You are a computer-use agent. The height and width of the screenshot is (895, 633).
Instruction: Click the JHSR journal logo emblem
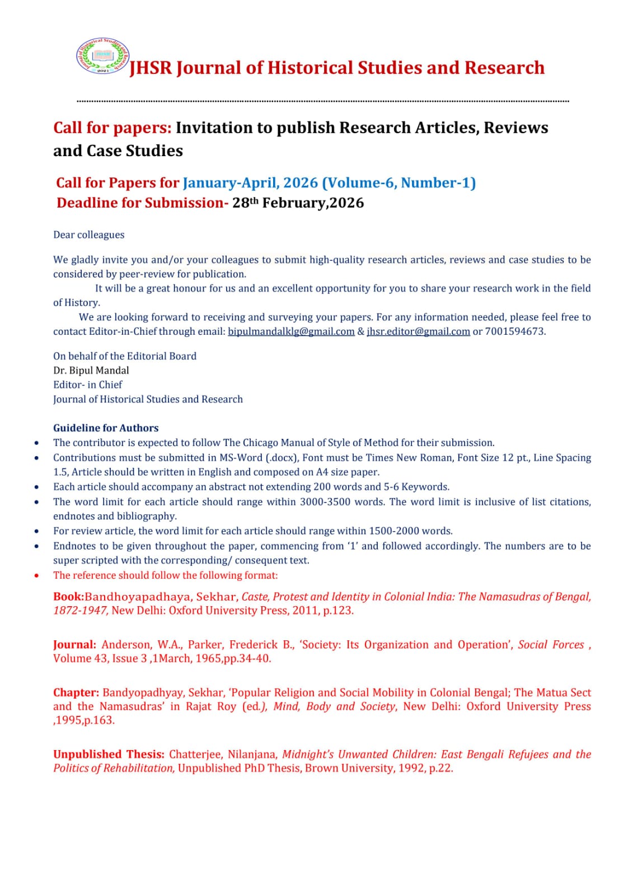coord(102,56)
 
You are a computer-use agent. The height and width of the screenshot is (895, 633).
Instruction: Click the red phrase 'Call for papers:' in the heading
coord(112,128)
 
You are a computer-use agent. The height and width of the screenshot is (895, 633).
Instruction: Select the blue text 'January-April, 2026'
coord(250,183)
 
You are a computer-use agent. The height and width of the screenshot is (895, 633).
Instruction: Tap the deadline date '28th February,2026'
coord(298,203)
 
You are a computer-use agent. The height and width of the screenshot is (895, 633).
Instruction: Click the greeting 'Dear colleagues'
coord(88,235)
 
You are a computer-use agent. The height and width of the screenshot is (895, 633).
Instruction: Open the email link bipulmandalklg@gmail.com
coord(291,331)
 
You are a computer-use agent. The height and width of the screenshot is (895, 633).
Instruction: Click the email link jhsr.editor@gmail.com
coord(418,331)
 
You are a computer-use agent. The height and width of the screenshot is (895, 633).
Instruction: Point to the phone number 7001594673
coord(515,331)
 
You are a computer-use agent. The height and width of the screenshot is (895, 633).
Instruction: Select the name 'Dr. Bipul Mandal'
coord(91,371)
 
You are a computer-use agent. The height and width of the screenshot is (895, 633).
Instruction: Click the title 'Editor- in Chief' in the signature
coord(87,385)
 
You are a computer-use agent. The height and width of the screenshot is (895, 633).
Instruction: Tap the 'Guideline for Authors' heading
coord(106,428)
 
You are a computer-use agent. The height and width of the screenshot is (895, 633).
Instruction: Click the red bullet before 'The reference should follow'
coord(37,575)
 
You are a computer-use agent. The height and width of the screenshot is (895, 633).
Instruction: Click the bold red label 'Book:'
coord(68,597)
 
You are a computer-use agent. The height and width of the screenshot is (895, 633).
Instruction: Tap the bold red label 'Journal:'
coord(74,645)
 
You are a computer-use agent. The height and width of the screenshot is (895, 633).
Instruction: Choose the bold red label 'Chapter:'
coord(76,693)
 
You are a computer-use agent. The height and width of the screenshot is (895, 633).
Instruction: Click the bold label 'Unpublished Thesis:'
coord(109,755)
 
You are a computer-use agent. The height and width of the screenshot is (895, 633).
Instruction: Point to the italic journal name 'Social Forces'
coord(551,645)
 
